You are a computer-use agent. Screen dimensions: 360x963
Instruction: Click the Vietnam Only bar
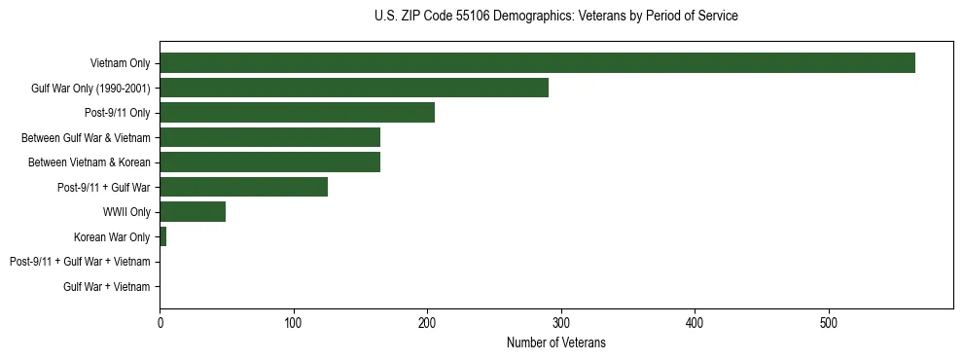click(x=537, y=63)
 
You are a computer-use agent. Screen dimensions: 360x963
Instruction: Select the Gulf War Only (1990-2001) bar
click(x=354, y=88)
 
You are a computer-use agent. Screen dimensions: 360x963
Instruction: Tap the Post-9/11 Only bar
click(x=297, y=113)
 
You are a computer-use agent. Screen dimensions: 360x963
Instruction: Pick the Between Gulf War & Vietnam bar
click(x=269, y=137)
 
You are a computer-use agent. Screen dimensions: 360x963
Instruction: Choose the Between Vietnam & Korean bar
click(x=269, y=162)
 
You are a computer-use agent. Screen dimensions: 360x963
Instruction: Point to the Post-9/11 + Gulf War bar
click(x=243, y=187)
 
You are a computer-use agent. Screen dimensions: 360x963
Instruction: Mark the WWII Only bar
click(x=193, y=211)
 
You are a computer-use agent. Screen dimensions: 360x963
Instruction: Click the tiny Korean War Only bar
click(x=162, y=236)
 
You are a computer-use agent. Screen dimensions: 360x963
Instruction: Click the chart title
click(x=555, y=17)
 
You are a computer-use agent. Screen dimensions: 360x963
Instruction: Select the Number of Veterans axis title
click(x=555, y=342)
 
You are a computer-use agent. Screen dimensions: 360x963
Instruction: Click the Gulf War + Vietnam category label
click(x=106, y=286)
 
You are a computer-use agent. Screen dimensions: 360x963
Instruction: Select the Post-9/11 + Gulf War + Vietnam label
click(x=80, y=262)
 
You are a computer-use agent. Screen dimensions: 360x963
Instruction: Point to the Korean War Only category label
click(x=112, y=236)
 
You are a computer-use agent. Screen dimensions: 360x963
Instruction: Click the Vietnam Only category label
click(x=120, y=63)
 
